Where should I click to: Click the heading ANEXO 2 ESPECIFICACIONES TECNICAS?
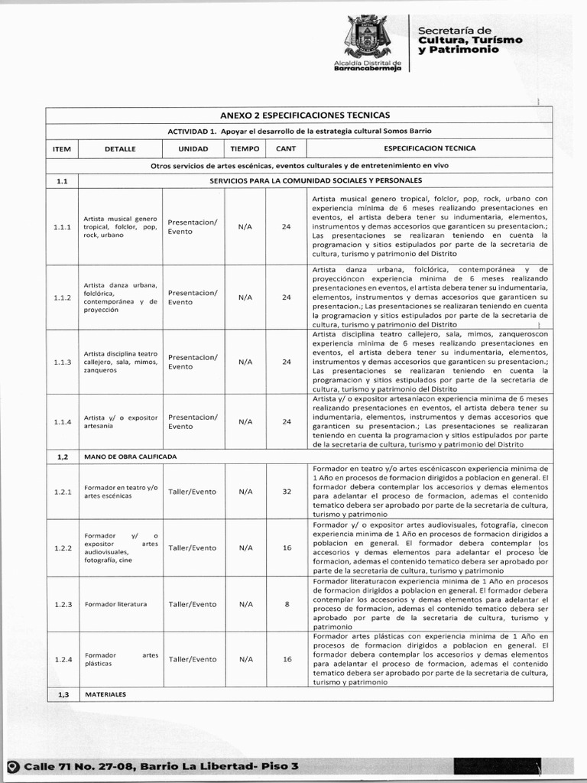click(x=305, y=115)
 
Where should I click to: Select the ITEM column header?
click(x=62, y=148)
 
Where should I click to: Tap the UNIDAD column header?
click(x=193, y=148)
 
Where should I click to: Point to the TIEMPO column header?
click(x=245, y=148)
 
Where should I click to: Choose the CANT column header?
click(x=286, y=148)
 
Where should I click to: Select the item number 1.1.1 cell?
click(x=62, y=227)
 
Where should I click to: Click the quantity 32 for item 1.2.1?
click(x=287, y=492)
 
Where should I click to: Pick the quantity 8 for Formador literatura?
click(x=287, y=604)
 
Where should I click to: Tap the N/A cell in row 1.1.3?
click(x=245, y=362)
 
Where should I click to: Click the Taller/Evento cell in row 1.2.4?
click(x=193, y=659)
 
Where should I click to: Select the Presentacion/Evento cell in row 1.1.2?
click(x=193, y=297)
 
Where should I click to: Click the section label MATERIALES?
click(x=106, y=694)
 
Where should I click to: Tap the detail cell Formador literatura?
click(x=115, y=604)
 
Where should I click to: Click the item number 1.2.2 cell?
click(x=62, y=548)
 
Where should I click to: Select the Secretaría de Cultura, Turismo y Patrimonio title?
click(x=469, y=40)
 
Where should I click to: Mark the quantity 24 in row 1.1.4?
click(x=287, y=421)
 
